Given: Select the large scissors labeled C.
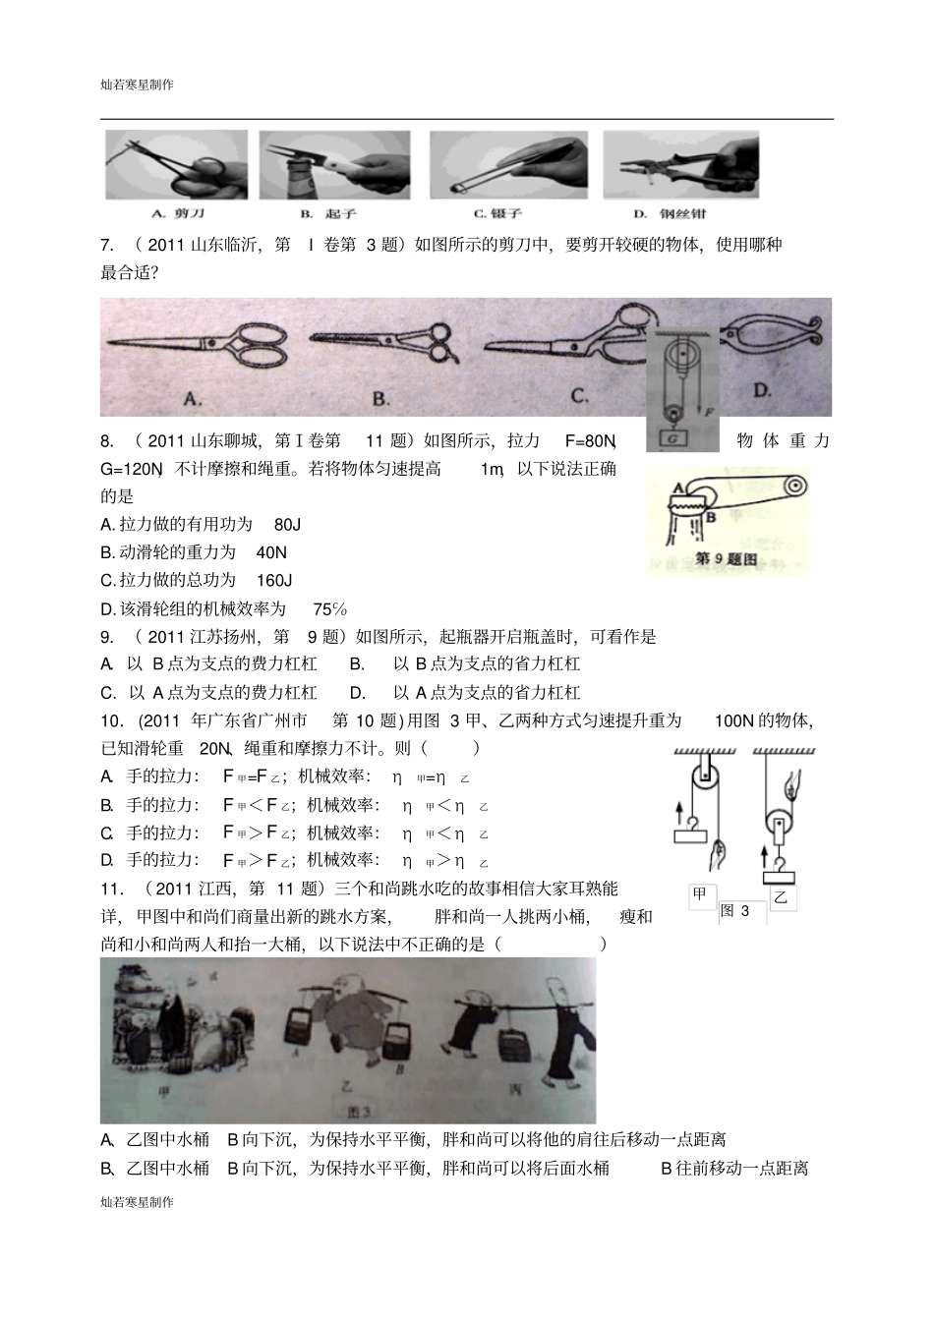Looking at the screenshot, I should pyautogui.click(x=570, y=340).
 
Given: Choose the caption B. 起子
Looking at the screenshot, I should pyautogui.click(x=315, y=213).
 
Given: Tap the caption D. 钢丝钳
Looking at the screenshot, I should pyautogui.click(x=670, y=213).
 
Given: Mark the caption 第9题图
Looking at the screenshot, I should pyautogui.click(x=726, y=559).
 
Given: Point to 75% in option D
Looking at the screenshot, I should pyautogui.click(x=329, y=609).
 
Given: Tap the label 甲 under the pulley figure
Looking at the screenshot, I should pyautogui.click(x=700, y=893).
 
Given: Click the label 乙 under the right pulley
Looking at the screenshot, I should pyautogui.click(x=781, y=896).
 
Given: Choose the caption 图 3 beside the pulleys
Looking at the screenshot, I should pyautogui.click(x=734, y=911).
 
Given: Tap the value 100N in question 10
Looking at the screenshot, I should pyautogui.click(x=733, y=721).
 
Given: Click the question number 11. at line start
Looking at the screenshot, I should pyautogui.click(x=113, y=890).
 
